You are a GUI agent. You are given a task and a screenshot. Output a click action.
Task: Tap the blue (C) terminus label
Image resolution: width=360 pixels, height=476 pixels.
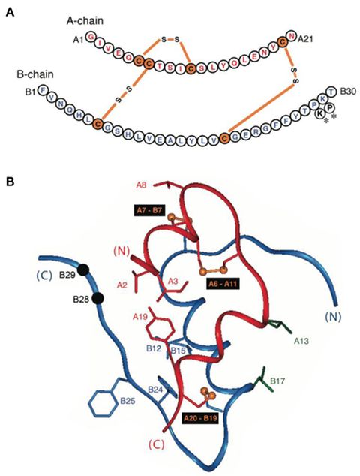[x=45, y=255]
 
